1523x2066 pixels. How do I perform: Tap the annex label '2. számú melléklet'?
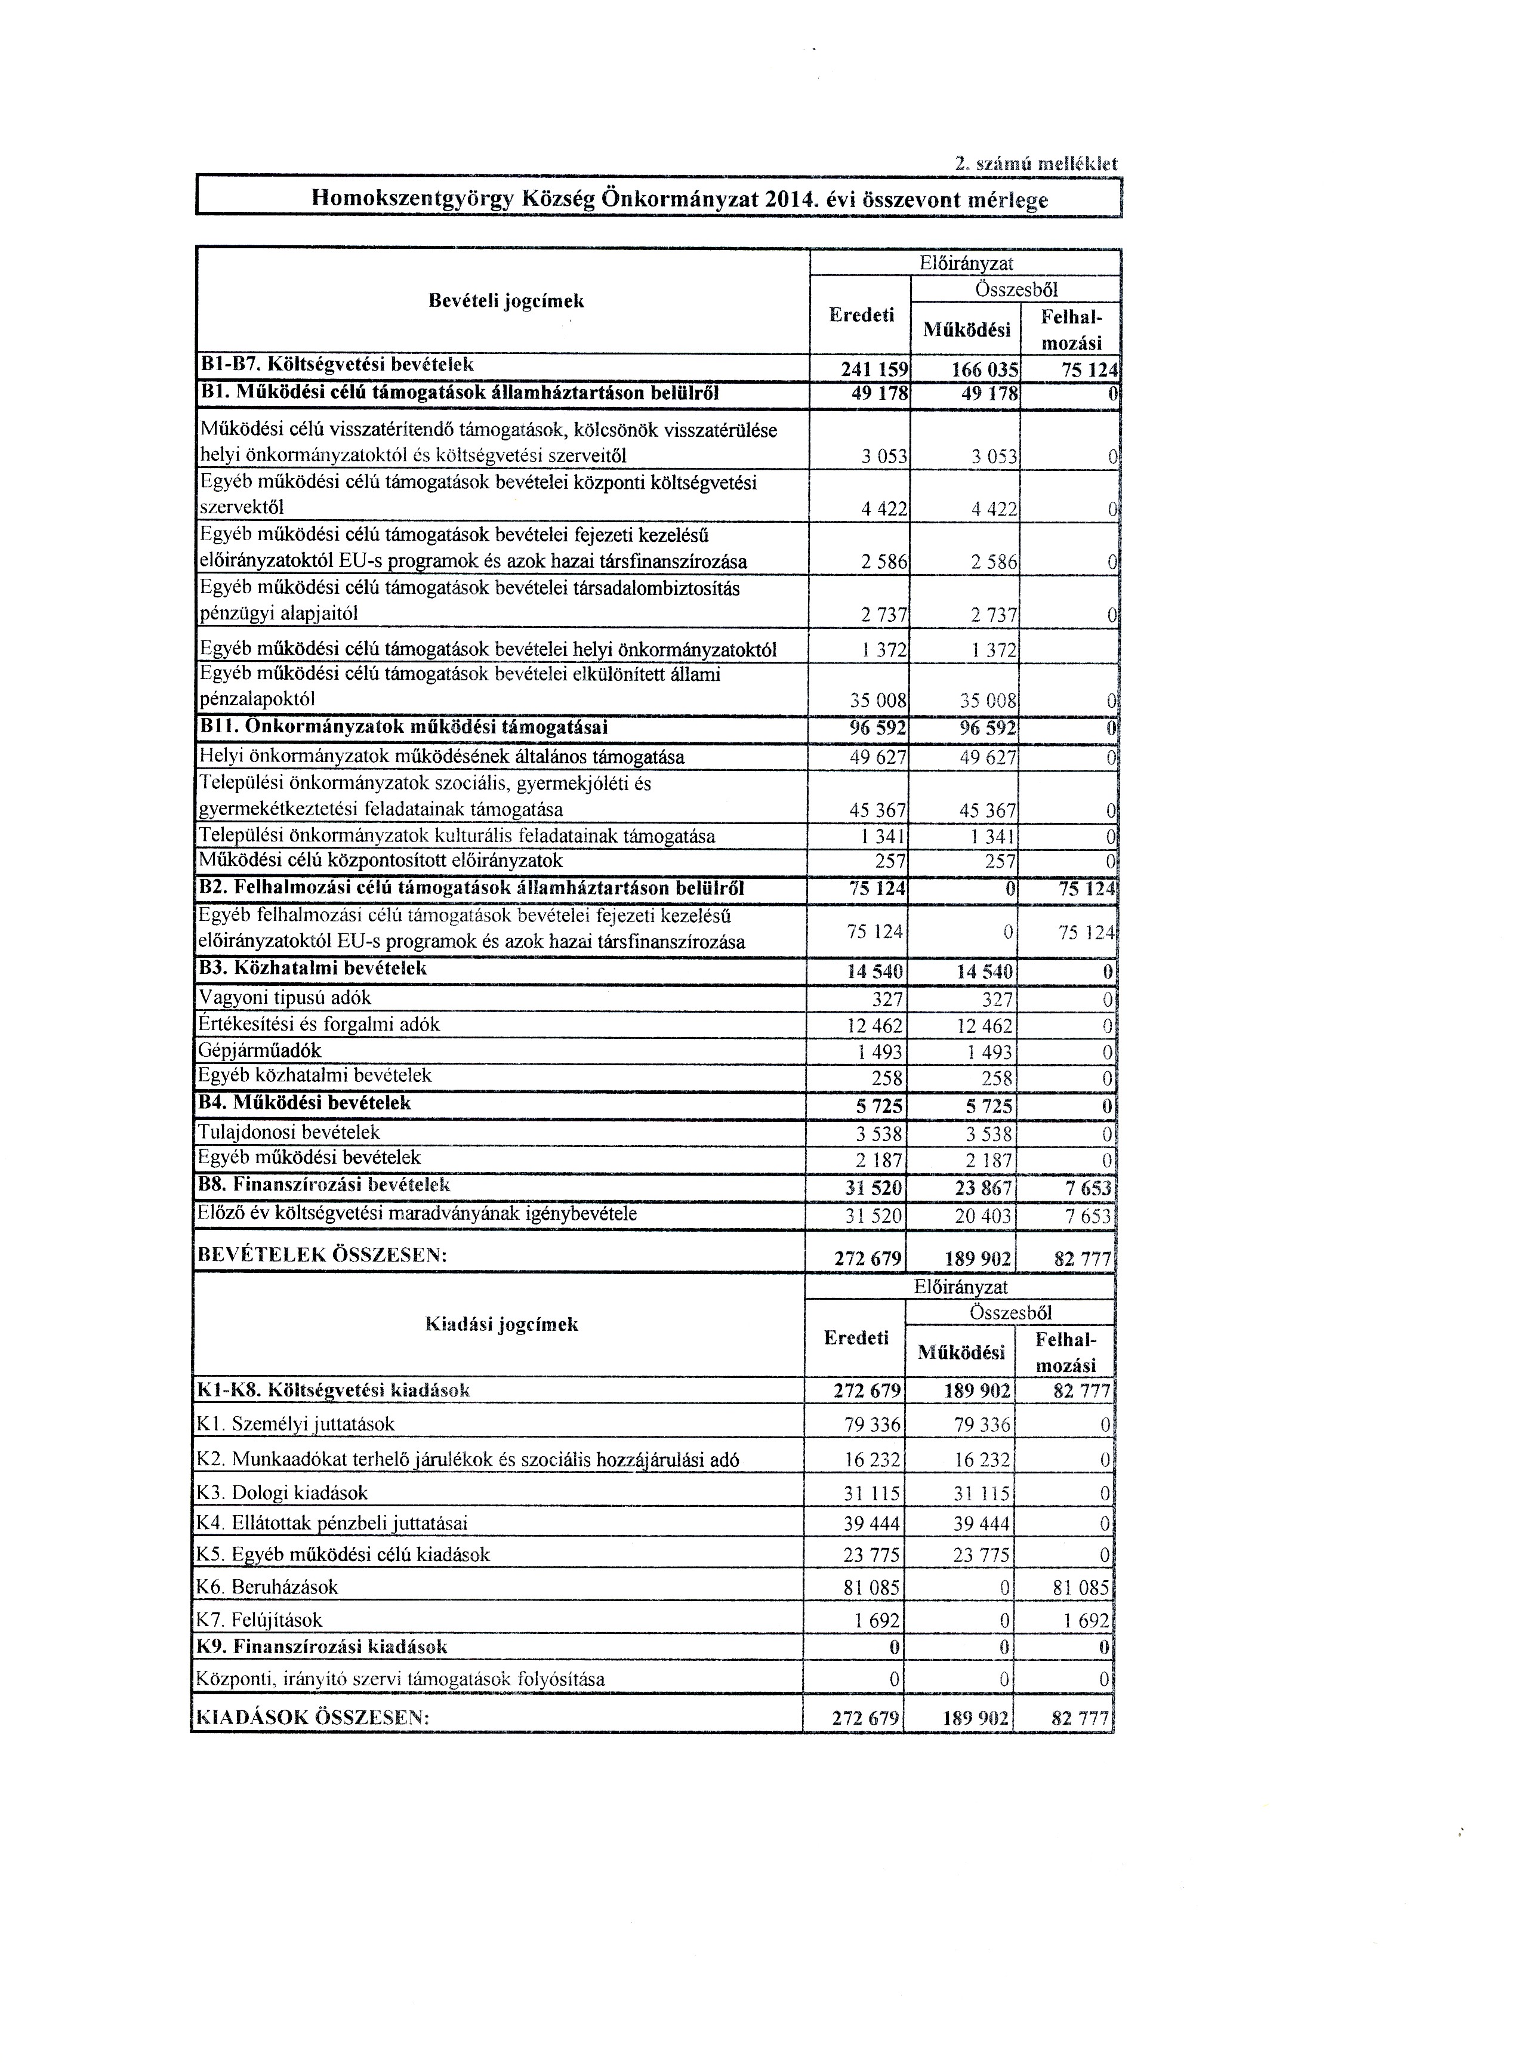coord(1035,165)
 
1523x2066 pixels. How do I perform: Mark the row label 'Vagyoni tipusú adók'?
coord(285,998)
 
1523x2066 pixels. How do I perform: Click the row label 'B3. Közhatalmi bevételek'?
coord(313,969)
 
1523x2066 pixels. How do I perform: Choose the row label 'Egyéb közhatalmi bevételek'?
coord(315,1076)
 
